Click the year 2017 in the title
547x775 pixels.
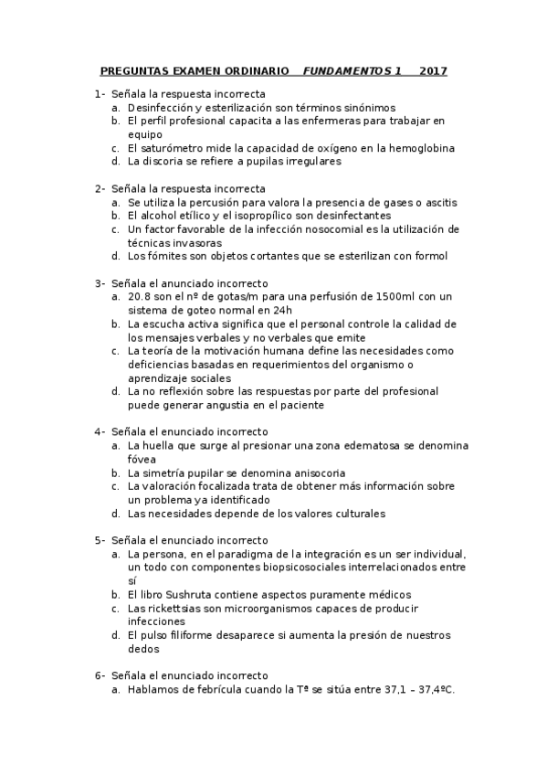coord(434,71)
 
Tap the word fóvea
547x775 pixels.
coord(143,459)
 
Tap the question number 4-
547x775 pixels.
coord(100,431)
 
